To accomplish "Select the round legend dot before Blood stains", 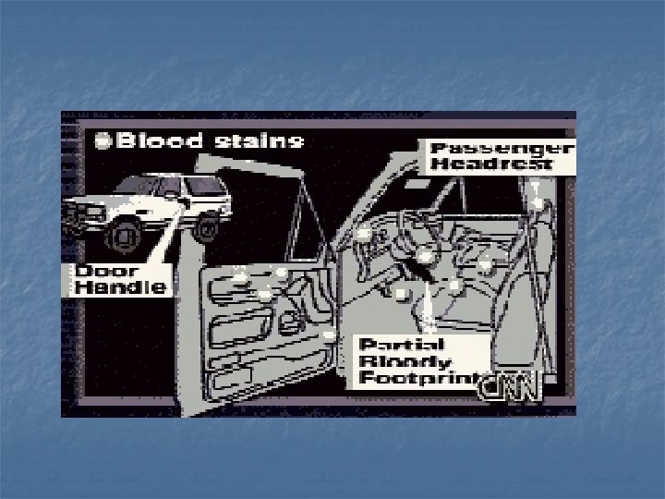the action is (x=103, y=142).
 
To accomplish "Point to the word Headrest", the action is (x=491, y=164).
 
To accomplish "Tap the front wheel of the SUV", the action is (x=119, y=236).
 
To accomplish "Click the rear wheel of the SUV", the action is (x=209, y=223).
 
